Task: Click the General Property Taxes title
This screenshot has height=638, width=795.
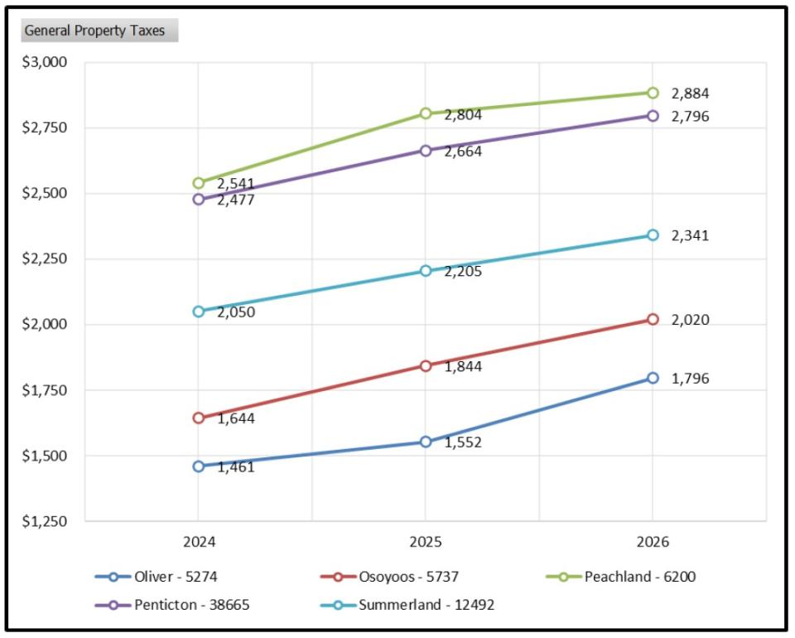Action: pyautogui.click(x=94, y=31)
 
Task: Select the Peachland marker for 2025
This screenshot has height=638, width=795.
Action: pyautogui.click(x=426, y=114)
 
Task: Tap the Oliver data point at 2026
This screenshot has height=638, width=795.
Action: pyautogui.click(x=653, y=378)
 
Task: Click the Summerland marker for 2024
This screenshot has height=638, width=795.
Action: pyautogui.click(x=199, y=312)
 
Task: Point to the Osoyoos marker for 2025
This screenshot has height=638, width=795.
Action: pyautogui.click(x=426, y=365)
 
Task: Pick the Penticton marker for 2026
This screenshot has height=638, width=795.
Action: pyautogui.click(x=653, y=116)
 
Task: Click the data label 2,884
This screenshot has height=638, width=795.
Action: pyautogui.click(x=690, y=94)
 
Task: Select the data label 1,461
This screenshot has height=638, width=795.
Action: pyautogui.click(x=236, y=466)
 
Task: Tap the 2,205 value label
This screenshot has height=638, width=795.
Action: pyautogui.click(x=463, y=271)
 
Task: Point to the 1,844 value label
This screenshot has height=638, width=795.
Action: pyautogui.click(x=463, y=366)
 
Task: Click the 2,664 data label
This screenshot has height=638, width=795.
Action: pyautogui.click(x=463, y=152)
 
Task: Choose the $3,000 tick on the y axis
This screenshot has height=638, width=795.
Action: pyautogui.click(x=48, y=62)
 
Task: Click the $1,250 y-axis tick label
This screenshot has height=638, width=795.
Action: pyautogui.click(x=48, y=521)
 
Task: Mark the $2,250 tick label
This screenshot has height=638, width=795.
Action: pyautogui.click(x=48, y=259)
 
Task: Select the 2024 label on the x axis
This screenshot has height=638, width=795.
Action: pyautogui.click(x=199, y=543)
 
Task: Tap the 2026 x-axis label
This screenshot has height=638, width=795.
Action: pyautogui.click(x=653, y=543)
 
